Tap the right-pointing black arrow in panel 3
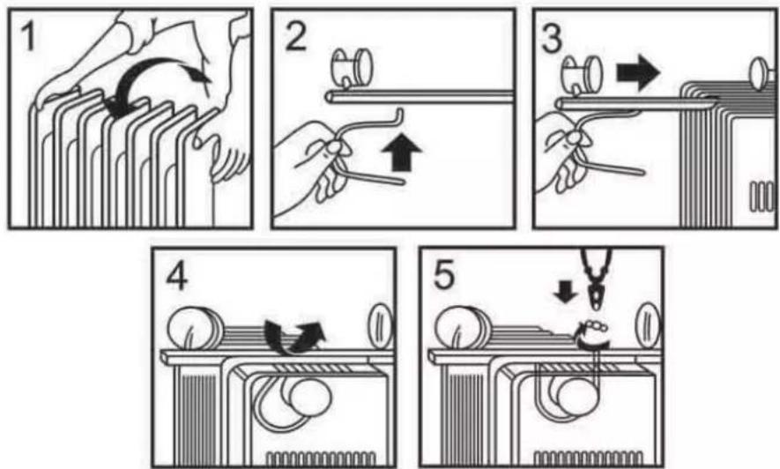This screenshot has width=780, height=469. [x=638, y=72]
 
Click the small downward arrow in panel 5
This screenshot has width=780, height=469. [x=566, y=292]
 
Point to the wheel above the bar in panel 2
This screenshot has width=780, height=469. [x=353, y=67]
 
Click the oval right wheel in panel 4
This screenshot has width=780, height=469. [x=381, y=326]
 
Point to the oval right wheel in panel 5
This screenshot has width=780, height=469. [x=648, y=326]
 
